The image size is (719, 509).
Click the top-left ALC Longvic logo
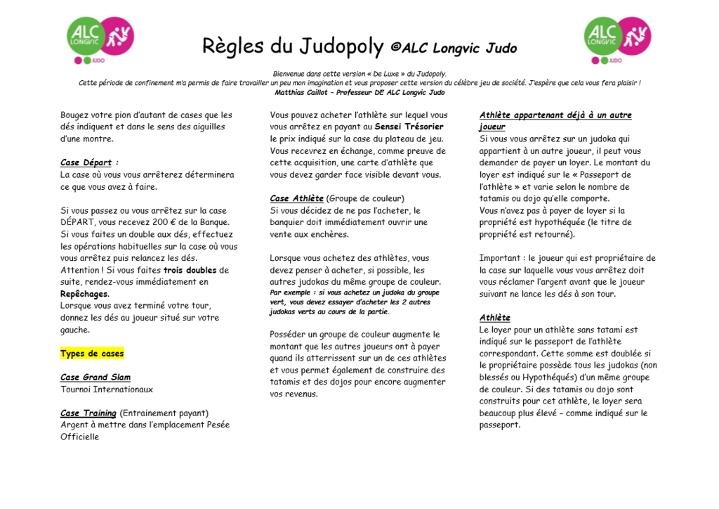100,38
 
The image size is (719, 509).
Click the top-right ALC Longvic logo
617,38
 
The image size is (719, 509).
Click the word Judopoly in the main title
341,46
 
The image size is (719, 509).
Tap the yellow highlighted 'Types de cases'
92,354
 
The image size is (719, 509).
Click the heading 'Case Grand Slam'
95,378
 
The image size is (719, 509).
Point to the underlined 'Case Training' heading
88,413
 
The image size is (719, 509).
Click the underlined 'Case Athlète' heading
296,199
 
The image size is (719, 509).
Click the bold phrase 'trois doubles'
190,270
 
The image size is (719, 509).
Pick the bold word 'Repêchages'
84,294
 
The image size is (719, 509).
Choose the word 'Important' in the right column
501,258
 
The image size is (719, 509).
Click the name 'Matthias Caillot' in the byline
302,93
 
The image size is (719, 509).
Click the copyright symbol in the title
395,48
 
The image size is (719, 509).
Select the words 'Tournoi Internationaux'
107,389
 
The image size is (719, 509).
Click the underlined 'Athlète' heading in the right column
495,318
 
